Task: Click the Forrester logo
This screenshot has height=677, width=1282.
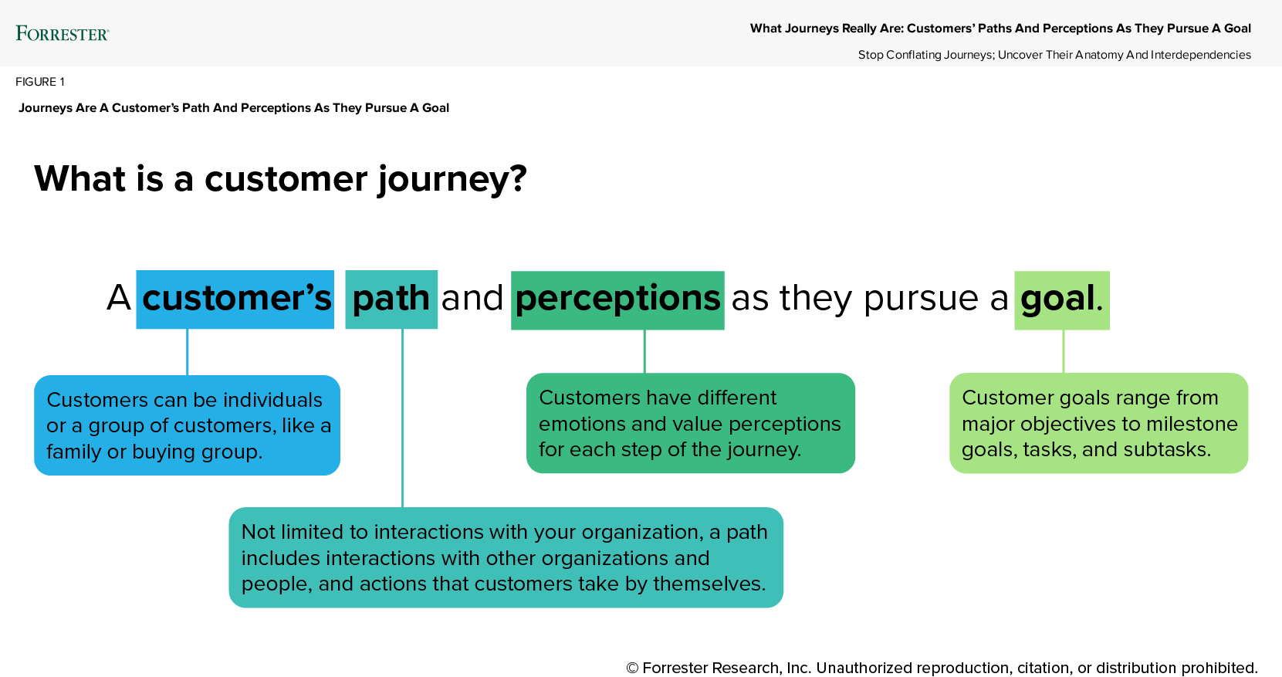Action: [63, 33]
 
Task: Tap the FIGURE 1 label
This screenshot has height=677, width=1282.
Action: [40, 82]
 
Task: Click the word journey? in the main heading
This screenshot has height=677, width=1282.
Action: [452, 179]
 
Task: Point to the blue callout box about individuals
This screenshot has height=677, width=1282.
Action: [187, 425]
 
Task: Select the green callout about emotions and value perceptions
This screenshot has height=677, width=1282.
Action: [690, 423]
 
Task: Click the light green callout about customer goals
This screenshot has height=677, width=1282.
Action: [1098, 423]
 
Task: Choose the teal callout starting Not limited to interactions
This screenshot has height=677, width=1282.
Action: [506, 557]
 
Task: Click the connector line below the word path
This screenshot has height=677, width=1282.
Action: [402, 417]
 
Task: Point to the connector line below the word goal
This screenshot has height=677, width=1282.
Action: [1064, 351]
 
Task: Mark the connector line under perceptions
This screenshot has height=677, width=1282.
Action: [644, 351]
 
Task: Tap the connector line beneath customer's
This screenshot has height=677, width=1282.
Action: [187, 352]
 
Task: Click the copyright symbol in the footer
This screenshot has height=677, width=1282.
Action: [632, 669]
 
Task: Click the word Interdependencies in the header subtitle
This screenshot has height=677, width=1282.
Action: [1200, 55]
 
